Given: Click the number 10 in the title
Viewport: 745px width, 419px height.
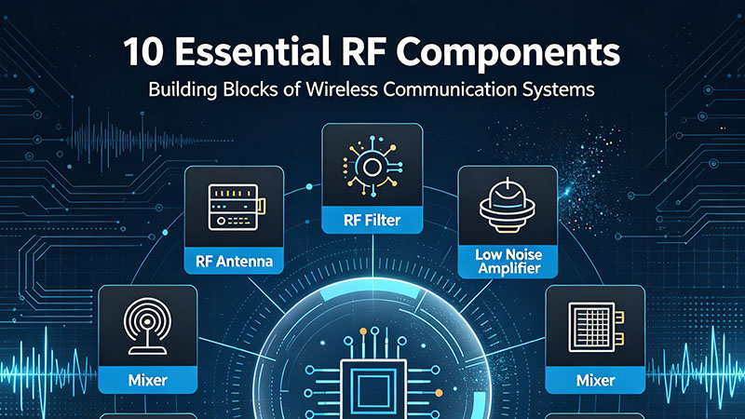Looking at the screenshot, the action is click(143, 52).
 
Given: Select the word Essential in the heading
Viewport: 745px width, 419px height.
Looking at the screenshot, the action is click(252, 51).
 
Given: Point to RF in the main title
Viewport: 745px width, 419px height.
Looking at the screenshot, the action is click(363, 52).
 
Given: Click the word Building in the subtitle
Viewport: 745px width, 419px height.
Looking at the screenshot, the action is click(183, 89).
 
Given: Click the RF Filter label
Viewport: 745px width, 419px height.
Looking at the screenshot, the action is click(372, 221).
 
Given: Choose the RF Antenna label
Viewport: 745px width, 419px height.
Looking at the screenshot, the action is click(235, 262).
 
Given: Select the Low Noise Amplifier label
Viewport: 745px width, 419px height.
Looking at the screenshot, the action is click(508, 262).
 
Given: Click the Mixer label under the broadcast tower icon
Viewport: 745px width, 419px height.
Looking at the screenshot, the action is click(148, 380).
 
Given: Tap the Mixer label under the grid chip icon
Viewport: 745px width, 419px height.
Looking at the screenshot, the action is click(595, 380).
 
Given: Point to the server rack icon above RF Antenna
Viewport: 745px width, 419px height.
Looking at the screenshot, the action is click(237, 207).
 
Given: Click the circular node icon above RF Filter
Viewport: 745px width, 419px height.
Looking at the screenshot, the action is click(372, 167).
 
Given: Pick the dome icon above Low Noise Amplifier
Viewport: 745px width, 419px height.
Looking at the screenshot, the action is click(508, 206).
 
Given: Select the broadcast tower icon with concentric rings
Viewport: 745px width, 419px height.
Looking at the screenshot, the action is click(147, 327).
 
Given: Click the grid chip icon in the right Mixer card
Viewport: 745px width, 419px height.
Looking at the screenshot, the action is click(596, 327).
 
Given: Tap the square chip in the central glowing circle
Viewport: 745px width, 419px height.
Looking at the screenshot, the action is click(373, 389).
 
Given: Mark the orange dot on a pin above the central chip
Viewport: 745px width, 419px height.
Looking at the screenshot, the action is click(363, 331).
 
